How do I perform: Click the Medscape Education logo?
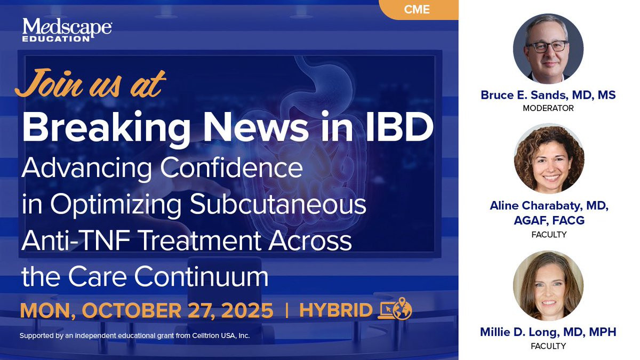67,30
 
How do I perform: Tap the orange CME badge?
418,10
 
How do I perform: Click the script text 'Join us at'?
90,83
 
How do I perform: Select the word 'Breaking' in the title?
106,127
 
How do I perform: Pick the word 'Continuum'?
201,276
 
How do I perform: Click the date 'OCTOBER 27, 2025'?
178,310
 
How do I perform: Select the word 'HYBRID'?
335,310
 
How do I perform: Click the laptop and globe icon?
395,309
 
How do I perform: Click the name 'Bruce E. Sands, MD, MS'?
548,95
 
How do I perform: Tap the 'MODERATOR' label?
548,108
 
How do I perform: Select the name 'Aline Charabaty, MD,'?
549,206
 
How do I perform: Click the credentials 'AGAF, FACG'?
549,220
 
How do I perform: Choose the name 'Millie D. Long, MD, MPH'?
548,332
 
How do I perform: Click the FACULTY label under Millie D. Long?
548,346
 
